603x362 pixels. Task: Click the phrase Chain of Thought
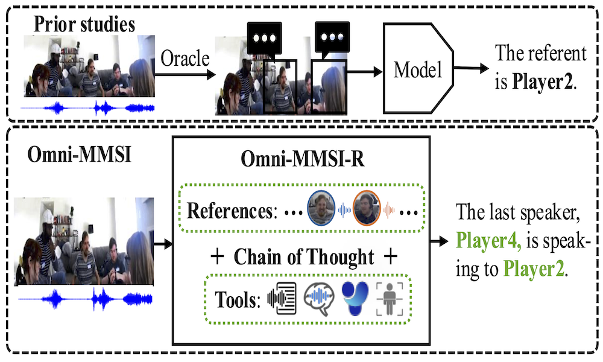(305, 256)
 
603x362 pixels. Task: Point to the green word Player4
(486, 241)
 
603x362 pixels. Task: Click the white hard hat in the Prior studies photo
(58, 48)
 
